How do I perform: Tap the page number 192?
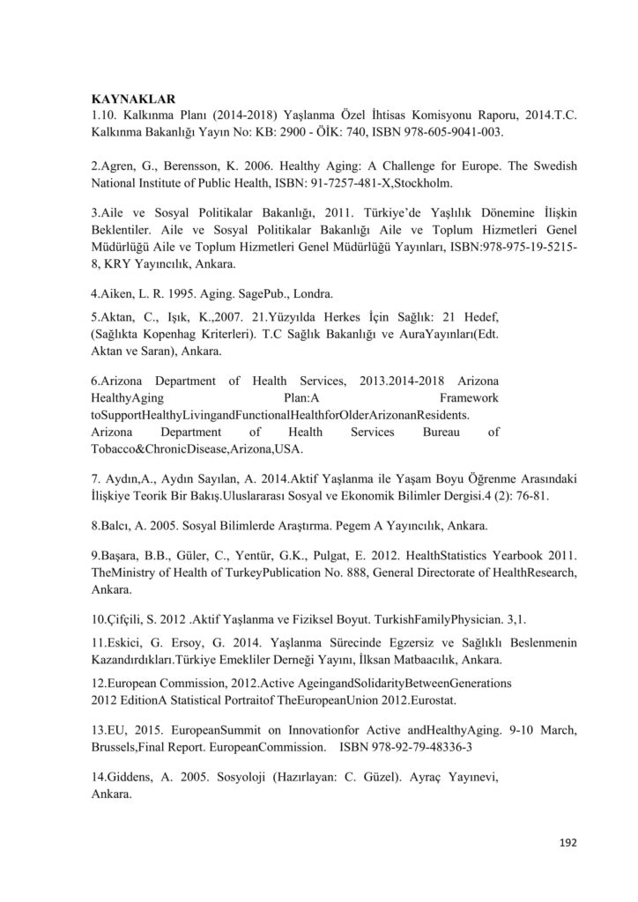point(568,842)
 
